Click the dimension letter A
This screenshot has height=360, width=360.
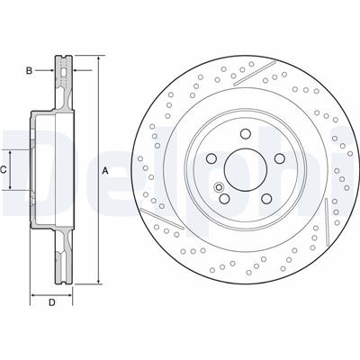[105, 171]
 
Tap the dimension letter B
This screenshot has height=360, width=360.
[29, 71]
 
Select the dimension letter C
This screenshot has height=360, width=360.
[3, 170]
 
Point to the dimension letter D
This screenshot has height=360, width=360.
[52, 302]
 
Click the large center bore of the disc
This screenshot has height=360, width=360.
[246, 170]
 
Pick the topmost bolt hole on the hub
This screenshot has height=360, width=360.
[246, 133]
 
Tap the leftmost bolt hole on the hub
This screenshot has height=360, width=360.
[211, 158]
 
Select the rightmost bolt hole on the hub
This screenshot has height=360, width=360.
[280, 158]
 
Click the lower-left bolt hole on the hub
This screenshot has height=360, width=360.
[224, 198]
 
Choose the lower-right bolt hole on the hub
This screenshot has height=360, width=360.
[266, 198]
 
